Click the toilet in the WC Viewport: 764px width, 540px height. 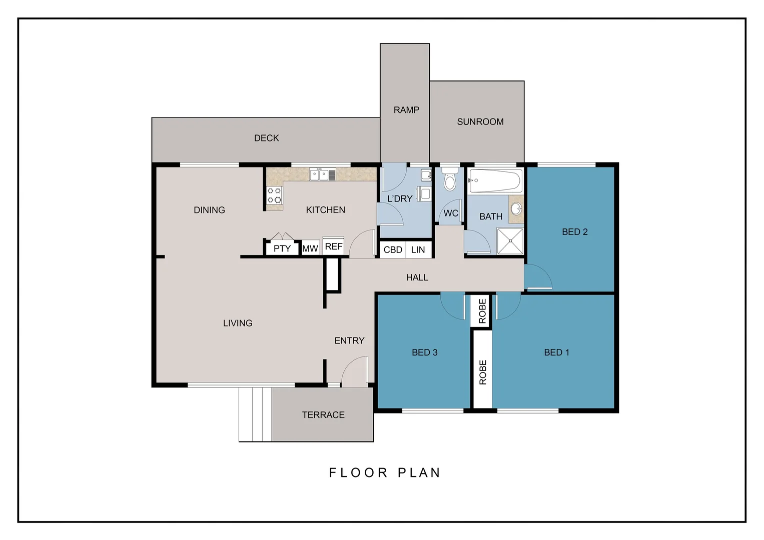(450, 181)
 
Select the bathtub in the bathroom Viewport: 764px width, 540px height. (495, 180)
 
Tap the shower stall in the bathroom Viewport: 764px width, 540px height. (510, 241)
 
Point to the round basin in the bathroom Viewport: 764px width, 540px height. (516, 208)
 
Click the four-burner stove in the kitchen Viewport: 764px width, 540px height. (274, 195)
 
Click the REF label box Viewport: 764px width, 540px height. (333, 246)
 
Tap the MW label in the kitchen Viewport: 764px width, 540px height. (310, 248)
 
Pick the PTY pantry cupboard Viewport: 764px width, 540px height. (282, 248)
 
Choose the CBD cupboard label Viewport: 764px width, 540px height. (393, 249)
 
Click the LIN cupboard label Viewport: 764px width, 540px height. (418, 249)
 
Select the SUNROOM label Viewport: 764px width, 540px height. (480, 121)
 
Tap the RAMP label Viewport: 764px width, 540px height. (406, 110)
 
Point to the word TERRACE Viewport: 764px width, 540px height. (323, 415)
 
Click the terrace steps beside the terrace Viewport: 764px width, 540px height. (255, 414)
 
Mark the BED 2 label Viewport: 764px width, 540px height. (574, 232)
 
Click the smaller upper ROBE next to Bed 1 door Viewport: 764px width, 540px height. (482, 311)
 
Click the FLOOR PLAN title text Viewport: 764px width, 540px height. (384, 472)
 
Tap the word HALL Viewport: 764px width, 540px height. (417, 277)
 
